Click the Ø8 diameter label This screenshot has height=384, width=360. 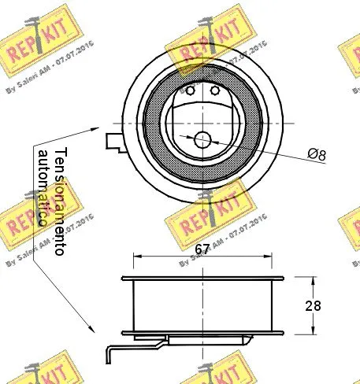pyautogui.click(x=316, y=156)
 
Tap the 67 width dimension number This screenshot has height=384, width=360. pyautogui.click(x=203, y=249)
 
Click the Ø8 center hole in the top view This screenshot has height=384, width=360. pyautogui.click(x=203, y=140)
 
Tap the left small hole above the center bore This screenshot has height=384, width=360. pyautogui.click(x=191, y=90)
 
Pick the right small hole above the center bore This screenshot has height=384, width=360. pyautogui.click(x=214, y=90)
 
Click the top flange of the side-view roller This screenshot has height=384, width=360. pyautogui.click(x=203, y=279)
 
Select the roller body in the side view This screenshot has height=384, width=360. pyautogui.click(x=203, y=307)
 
